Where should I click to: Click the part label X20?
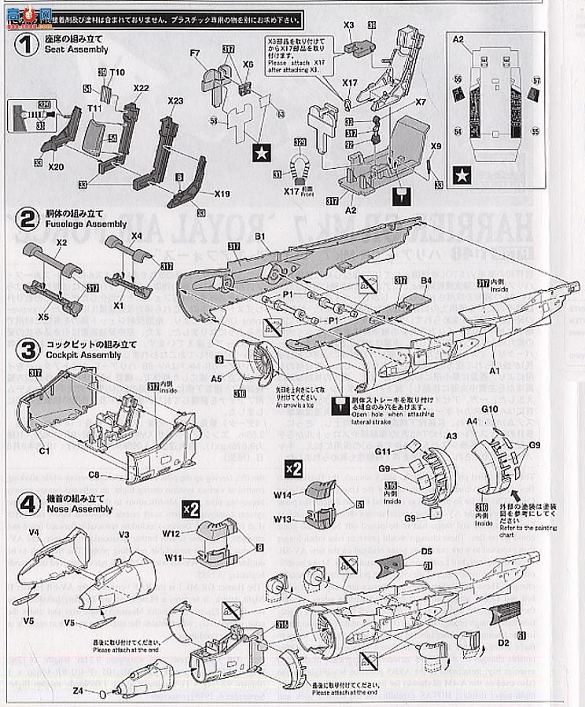pyautogui.click(x=55, y=167)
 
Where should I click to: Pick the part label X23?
pyautogui.click(x=175, y=101)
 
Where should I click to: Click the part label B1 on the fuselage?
pyautogui.click(x=260, y=235)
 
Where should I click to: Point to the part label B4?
pyautogui.click(x=425, y=280)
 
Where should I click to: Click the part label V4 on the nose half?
pyautogui.click(x=34, y=531)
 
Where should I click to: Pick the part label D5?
pyautogui.click(x=427, y=551)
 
